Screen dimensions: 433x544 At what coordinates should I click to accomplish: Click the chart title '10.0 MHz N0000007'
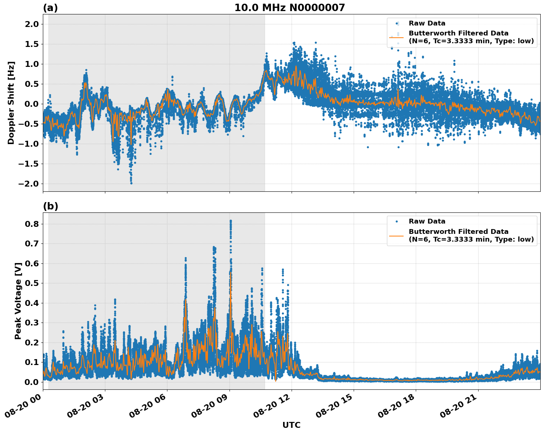click(x=289, y=8)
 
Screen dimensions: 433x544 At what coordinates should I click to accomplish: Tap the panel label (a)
click(x=50, y=8)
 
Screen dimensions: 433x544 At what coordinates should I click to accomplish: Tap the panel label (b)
click(x=50, y=206)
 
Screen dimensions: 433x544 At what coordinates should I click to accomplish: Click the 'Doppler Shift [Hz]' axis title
click(x=11, y=103)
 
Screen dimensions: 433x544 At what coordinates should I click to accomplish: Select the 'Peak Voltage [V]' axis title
click(x=18, y=301)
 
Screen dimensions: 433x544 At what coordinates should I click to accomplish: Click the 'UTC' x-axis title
click(x=291, y=425)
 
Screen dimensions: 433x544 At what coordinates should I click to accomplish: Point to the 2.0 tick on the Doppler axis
click(x=31, y=24)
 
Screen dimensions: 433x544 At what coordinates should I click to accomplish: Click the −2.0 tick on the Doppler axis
click(x=28, y=184)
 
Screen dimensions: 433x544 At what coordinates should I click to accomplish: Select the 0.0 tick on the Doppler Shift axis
click(x=31, y=104)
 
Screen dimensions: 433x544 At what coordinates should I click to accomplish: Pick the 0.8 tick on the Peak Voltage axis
click(x=31, y=224)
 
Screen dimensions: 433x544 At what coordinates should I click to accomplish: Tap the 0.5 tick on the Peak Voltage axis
click(x=31, y=283)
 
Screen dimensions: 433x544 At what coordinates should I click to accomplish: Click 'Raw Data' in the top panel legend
click(x=427, y=23)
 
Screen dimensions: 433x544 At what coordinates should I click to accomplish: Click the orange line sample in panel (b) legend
click(x=396, y=235)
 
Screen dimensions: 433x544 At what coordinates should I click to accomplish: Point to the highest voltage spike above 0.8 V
click(x=231, y=221)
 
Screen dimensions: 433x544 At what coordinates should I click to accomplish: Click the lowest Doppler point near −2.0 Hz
click(x=131, y=183)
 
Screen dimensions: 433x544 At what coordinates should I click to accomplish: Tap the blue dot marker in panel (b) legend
click(x=396, y=221)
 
